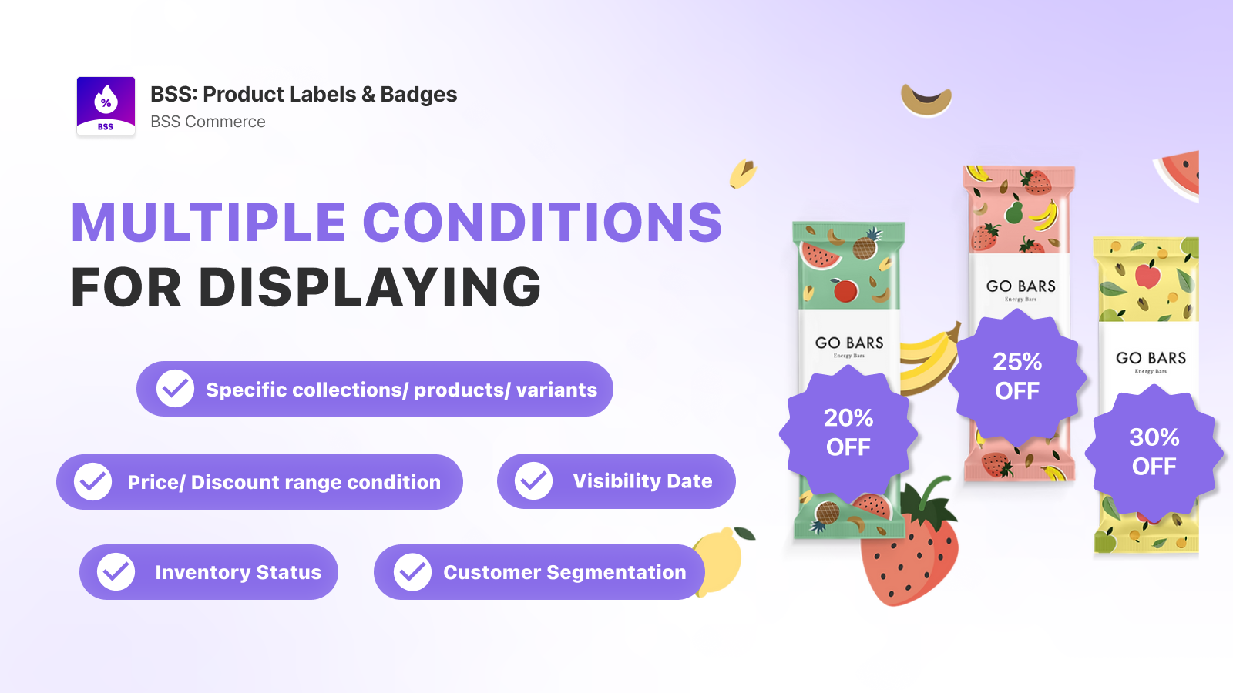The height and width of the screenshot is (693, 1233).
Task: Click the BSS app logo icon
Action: [x=106, y=105]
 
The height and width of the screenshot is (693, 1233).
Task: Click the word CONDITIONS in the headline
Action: [x=543, y=222]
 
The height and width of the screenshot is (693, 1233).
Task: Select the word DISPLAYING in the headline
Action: [x=370, y=286]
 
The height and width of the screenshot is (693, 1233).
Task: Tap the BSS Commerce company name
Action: [x=207, y=122]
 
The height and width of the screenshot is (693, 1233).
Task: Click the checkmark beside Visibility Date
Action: [x=533, y=481]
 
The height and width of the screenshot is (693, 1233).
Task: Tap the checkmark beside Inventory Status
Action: [x=116, y=572]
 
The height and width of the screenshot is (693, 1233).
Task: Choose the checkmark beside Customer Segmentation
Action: [x=412, y=572]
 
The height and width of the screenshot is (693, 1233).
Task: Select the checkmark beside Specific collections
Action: [x=175, y=389]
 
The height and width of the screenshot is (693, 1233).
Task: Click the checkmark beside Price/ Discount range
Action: [x=93, y=482]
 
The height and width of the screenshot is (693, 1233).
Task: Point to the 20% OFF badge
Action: [x=848, y=433]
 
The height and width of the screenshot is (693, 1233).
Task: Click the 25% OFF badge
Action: [x=1017, y=377]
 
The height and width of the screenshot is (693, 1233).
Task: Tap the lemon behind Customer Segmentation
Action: [x=721, y=558]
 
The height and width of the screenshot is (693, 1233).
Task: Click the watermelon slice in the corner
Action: [x=1179, y=173]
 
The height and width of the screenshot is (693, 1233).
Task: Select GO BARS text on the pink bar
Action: [x=1020, y=286]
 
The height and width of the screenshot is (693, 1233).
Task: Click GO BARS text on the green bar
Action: [x=848, y=343]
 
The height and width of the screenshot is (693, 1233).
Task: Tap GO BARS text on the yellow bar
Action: [x=1151, y=358]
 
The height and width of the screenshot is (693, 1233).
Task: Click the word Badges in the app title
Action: [x=418, y=95]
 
